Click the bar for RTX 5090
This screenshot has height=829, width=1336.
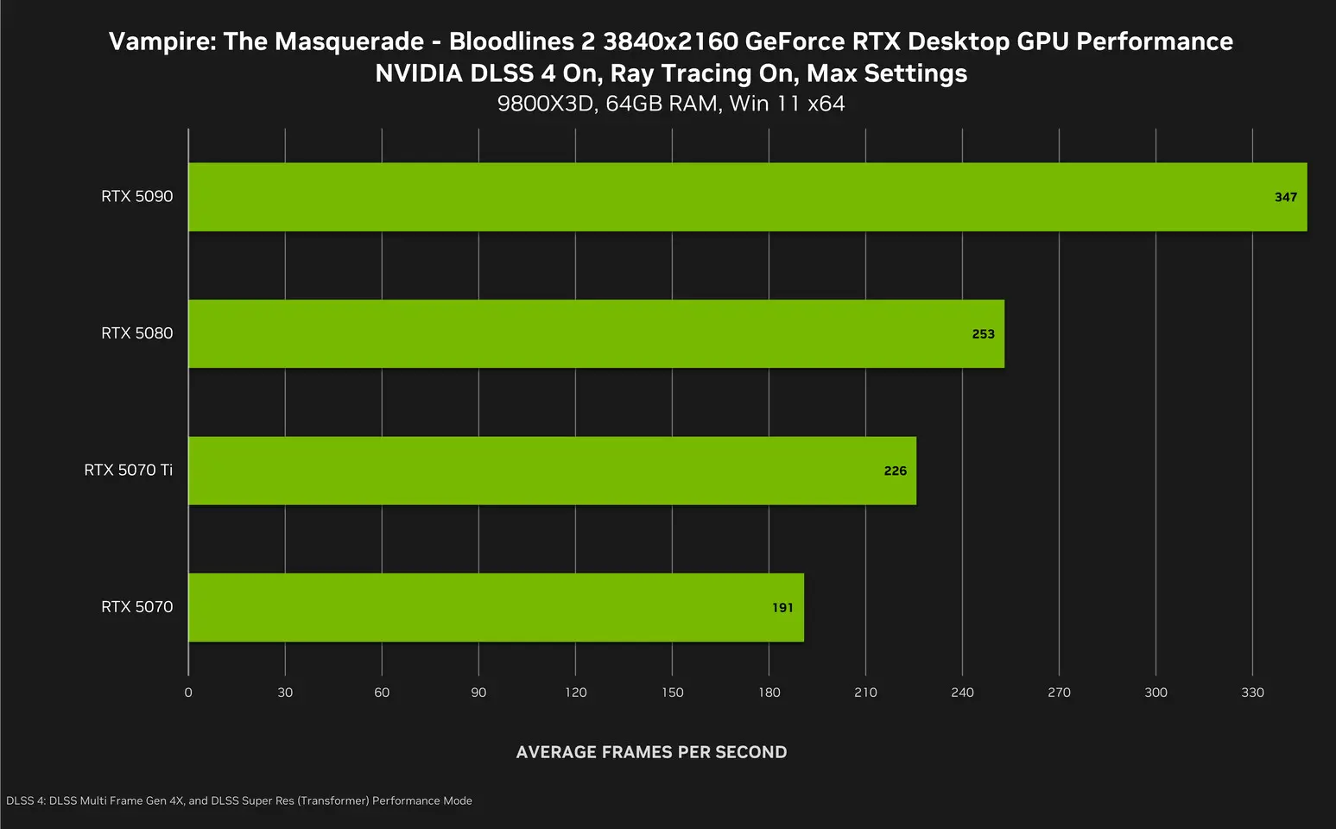tap(747, 197)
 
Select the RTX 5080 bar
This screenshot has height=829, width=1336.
tap(596, 333)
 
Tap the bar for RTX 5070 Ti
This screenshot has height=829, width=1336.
tap(552, 471)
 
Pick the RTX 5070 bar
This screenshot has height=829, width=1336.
tap(496, 607)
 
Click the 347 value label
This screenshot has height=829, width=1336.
tap(1285, 197)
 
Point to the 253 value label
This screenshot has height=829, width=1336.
tap(983, 334)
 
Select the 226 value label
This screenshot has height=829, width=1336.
tap(895, 471)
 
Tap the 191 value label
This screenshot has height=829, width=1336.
tap(782, 608)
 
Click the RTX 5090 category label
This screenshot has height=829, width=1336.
tap(136, 197)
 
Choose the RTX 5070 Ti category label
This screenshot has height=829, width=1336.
tap(128, 471)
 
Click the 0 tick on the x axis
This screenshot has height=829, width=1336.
tap(188, 693)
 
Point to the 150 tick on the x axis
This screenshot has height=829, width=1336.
tap(672, 693)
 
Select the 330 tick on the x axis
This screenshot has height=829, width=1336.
tap(1252, 693)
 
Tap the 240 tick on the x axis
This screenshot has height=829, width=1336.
tap(962, 693)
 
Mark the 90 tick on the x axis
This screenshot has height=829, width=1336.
tap(478, 693)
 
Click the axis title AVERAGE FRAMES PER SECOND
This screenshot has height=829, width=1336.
tap(651, 752)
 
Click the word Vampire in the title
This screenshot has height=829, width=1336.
tap(161, 41)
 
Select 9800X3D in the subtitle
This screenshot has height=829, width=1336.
tap(547, 104)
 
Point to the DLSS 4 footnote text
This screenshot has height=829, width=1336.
tap(239, 801)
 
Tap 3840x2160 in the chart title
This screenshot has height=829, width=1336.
tap(670, 41)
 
